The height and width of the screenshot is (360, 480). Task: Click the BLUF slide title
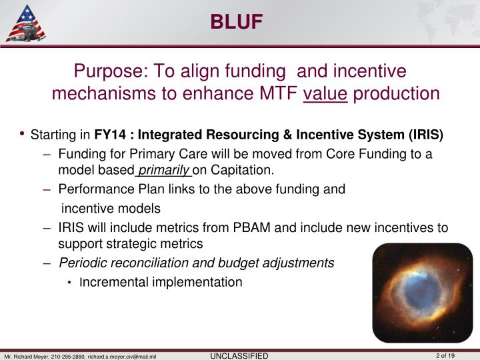(x=237, y=22)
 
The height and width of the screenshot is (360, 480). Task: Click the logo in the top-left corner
(x=25, y=23)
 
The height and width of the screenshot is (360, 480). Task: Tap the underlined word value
(x=325, y=93)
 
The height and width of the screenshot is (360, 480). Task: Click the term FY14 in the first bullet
(x=109, y=135)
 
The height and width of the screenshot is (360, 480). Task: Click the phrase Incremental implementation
(x=160, y=282)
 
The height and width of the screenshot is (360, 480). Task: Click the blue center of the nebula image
(x=421, y=291)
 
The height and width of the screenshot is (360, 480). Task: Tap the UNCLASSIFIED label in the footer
(x=239, y=355)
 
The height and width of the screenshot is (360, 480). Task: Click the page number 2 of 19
(x=445, y=355)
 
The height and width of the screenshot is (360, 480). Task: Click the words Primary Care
(x=151, y=155)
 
